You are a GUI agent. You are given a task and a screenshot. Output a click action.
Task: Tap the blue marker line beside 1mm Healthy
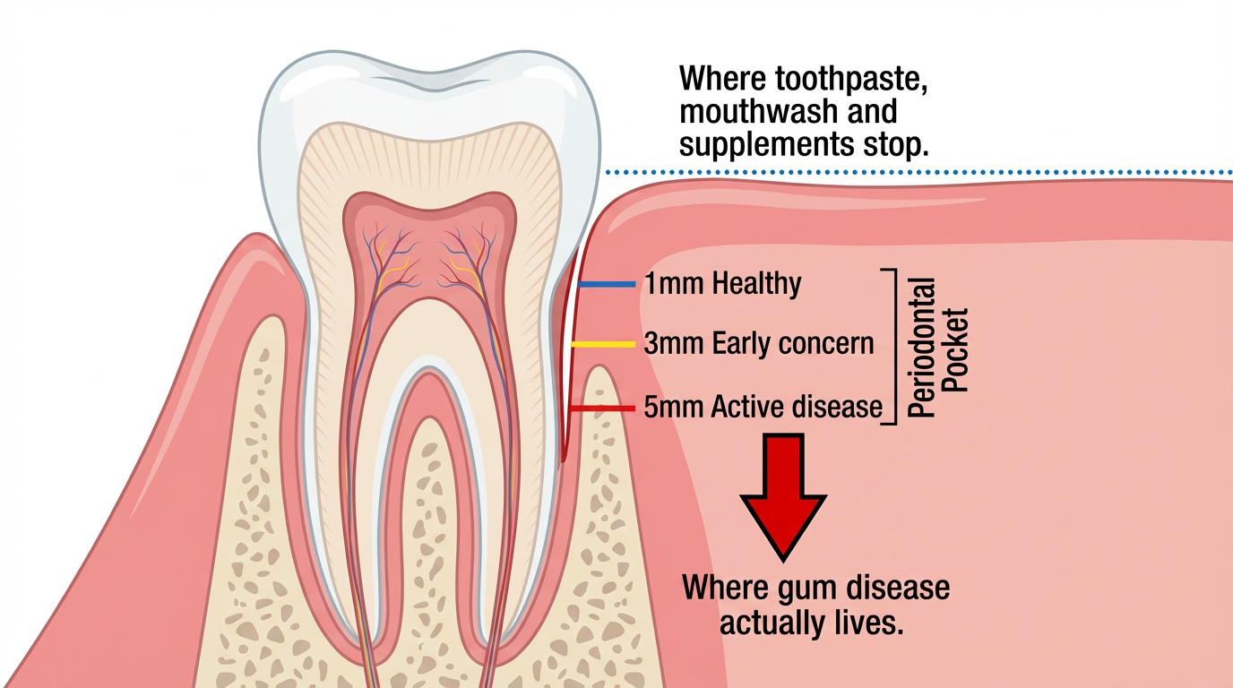[x=607, y=285]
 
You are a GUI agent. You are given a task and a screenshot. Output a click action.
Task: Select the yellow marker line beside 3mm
[x=603, y=345]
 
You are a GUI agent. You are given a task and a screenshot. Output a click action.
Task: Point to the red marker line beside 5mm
[x=602, y=408]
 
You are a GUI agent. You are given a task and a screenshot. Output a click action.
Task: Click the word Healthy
[x=756, y=284]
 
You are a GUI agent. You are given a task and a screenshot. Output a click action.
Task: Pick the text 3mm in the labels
[x=674, y=343]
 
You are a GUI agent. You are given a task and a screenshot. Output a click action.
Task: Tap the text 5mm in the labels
[x=674, y=408]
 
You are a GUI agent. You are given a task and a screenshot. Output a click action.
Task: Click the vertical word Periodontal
[x=920, y=348]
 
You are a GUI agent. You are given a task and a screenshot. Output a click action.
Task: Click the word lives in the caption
[x=872, y=623]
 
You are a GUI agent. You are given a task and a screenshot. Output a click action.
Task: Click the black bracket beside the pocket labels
[x=895, y=347]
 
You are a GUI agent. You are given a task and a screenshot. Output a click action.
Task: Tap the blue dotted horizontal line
[x=918, y=173]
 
